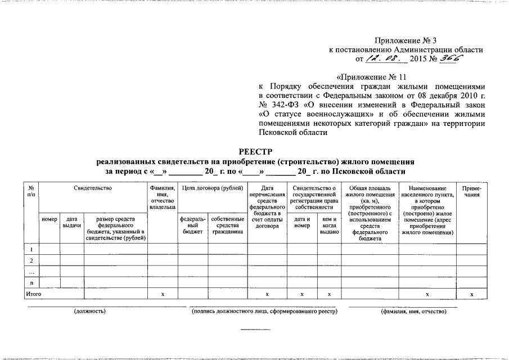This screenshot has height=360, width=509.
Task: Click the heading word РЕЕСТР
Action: tap(254, 151)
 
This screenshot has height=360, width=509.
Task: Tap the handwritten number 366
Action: tap(451, 58)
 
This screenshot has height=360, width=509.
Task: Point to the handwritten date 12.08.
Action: tap(382, 58)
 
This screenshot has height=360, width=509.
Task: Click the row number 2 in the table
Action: tap(31, 260)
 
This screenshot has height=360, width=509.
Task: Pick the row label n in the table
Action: tap(31, 283)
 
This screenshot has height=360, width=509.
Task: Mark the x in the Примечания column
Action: tap(471, 294)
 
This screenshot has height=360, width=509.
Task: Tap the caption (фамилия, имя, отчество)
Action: tap(413, 312)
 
